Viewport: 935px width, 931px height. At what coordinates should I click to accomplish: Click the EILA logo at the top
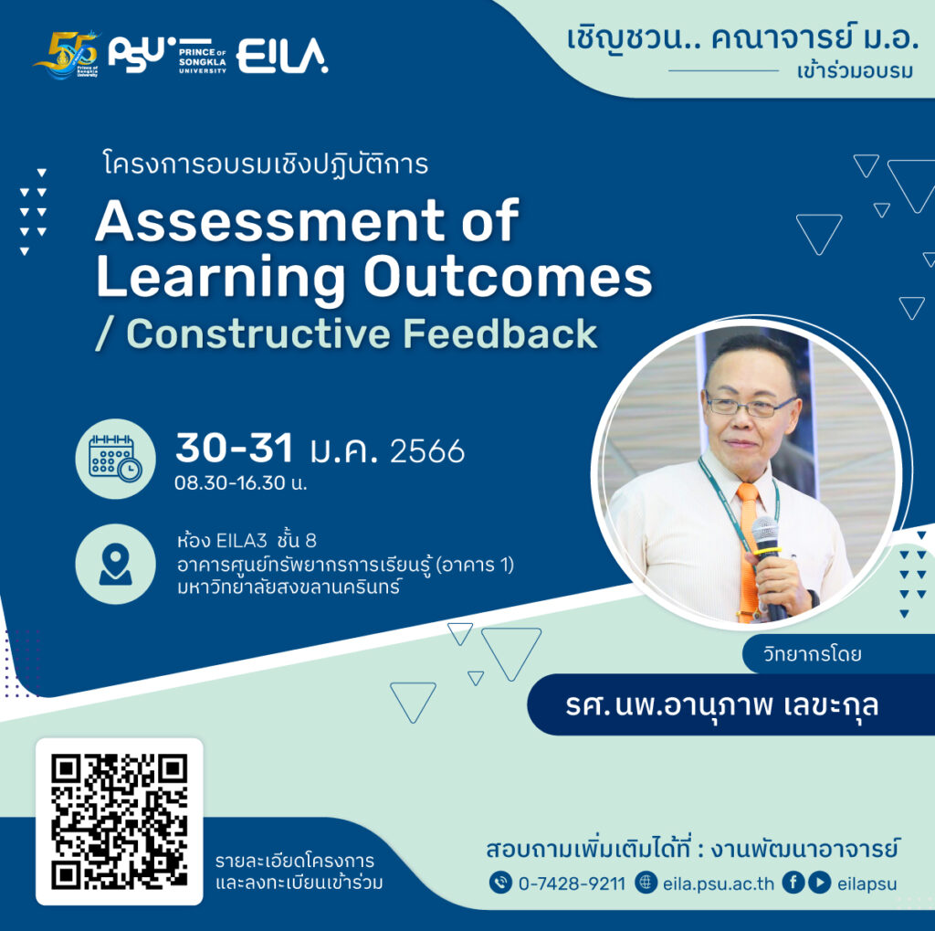tap(282, 56)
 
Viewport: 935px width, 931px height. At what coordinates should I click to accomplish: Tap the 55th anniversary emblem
tap(67, 54)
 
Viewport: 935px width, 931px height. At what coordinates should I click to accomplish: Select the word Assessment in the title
tap(269, 221)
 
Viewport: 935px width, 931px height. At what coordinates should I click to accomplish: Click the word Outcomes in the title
tap(508, 276)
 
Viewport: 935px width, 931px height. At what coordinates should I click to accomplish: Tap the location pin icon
tap(115, 564)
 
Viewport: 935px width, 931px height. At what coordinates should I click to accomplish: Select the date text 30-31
tap(235, 448)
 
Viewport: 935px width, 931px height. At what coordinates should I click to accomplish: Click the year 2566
tap(427, 450)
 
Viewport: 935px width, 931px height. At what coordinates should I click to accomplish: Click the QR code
tap(120, 821)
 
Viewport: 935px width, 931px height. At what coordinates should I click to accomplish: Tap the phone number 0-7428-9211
tap(572, 883)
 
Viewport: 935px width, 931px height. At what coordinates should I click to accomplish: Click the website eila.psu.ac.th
tap(718, 883)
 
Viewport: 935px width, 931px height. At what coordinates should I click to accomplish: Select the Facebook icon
tap(793, 882)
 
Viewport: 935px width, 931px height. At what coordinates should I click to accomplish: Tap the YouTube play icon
tap(820, 882)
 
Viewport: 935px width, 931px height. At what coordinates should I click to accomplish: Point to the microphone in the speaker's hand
tap(767, 564)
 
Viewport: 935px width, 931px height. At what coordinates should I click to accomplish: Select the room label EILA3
tap(241, 541)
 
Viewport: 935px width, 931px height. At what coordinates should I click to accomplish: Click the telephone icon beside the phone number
tap(500, 882)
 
